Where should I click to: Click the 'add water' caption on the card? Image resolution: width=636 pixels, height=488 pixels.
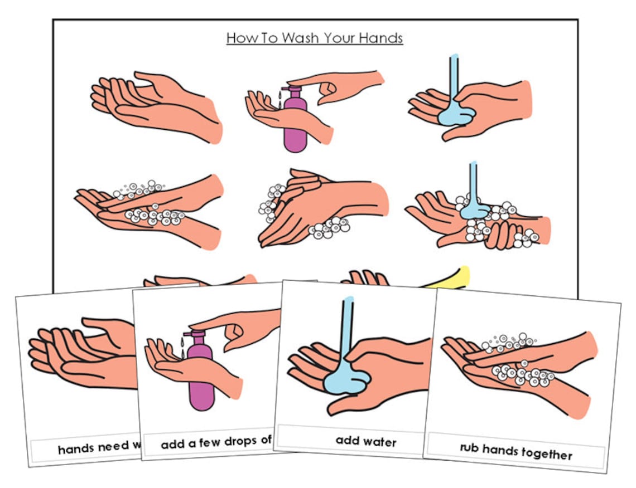(365, 441)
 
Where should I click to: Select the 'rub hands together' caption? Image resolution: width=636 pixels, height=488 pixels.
(515, 451)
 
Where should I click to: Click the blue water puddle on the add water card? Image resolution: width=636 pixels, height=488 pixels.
(346, 383)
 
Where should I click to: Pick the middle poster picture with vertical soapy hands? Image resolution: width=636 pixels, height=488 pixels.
(318, 206)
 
